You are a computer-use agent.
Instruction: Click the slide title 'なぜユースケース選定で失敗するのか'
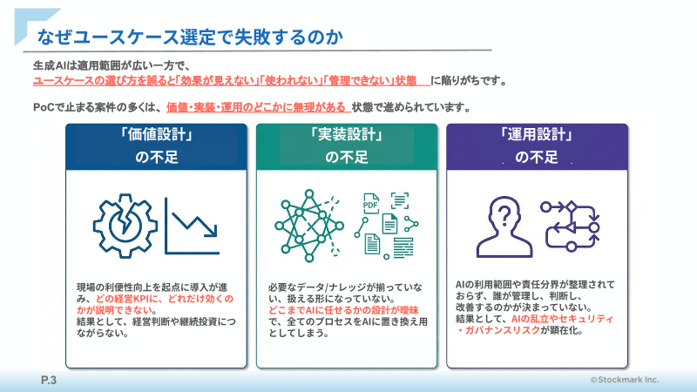183,37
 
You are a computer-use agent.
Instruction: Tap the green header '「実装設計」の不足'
346,145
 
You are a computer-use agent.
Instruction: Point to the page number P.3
48,380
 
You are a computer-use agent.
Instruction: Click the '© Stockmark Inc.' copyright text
624,380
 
